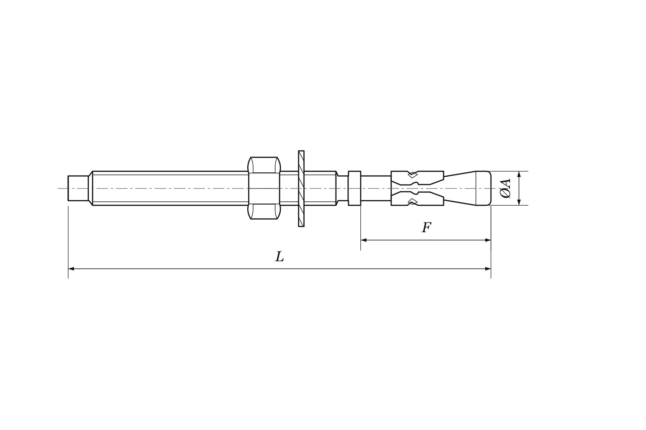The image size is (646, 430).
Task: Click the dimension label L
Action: (x=280, y=257)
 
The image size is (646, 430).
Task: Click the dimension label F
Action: (x=426, y=228)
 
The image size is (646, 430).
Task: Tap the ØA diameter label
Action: (x=505, y=188)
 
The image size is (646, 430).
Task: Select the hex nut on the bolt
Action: (x=264, y=188)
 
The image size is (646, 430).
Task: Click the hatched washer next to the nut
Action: (x=301, y=188)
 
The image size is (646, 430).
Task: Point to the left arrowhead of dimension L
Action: (x=71, y=269)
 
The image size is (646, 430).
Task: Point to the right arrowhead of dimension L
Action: (x=488, y=269)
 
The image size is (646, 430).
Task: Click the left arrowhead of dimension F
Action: (x=364, y=240)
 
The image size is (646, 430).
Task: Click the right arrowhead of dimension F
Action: (x=488, y=240)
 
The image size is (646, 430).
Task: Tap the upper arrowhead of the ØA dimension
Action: (x=519, y=174)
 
